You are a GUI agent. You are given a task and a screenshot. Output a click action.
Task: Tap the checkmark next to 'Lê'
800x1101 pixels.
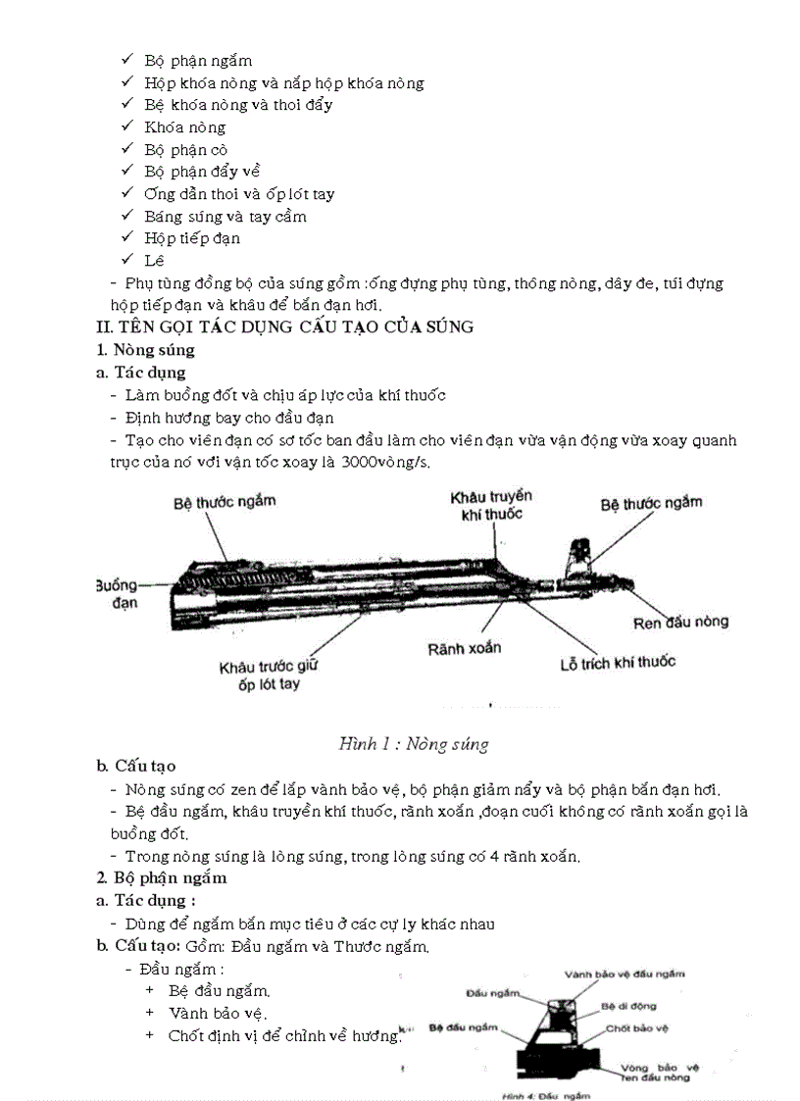coord(126,260)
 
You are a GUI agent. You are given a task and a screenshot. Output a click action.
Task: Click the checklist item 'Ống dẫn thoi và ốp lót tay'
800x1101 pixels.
coord(238,194)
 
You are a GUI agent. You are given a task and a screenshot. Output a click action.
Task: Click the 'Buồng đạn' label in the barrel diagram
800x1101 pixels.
coord(117,593)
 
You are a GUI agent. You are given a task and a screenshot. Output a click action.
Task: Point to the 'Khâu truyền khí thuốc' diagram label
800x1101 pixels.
coord(485,505)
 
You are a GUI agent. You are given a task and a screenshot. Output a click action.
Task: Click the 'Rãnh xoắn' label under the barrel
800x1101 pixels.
coord(464,648)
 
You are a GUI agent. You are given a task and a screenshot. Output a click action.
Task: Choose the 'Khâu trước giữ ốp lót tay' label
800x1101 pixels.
coord(269,676)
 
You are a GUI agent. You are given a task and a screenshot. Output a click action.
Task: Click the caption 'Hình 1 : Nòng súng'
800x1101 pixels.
coord(413,743)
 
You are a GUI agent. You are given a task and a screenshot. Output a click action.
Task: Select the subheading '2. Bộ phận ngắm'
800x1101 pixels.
coord(161,877)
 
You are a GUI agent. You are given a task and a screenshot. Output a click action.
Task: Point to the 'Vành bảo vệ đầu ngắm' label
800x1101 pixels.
coord(625,974)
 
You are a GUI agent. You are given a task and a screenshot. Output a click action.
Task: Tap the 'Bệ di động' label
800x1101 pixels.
coord(628,1005)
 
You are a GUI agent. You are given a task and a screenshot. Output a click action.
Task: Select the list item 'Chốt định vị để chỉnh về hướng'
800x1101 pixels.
coord(284,1035)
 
